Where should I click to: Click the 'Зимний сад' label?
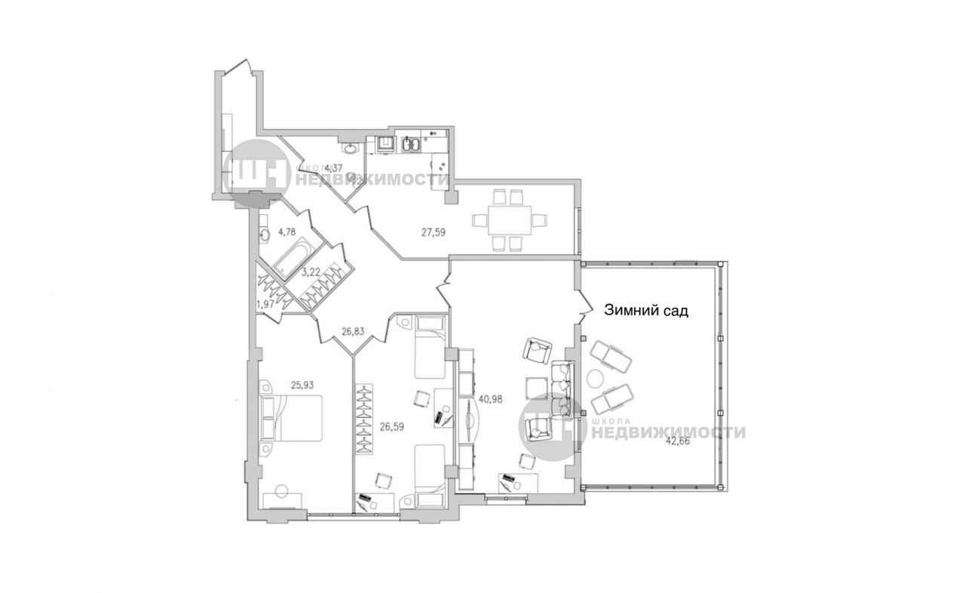(646, 310)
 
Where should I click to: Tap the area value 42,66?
(678, 441)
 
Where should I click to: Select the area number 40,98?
(490, 399)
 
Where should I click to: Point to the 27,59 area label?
(433, 232)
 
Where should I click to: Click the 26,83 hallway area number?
(353, 331)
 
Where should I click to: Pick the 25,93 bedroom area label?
(302, 386)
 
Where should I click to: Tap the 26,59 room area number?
(392, 427)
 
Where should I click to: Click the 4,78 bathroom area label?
(287, 232)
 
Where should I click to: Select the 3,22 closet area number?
(311, 272)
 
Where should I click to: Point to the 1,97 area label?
(265, 305)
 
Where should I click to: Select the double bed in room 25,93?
(291, 418)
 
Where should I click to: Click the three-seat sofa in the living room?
(562, 390)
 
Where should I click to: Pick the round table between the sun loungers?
(597, 379)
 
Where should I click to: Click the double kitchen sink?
(412, 145)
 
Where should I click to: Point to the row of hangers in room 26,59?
(364, 418)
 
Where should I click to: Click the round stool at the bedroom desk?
(282, 491)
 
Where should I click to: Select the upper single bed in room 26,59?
(430, 347)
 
